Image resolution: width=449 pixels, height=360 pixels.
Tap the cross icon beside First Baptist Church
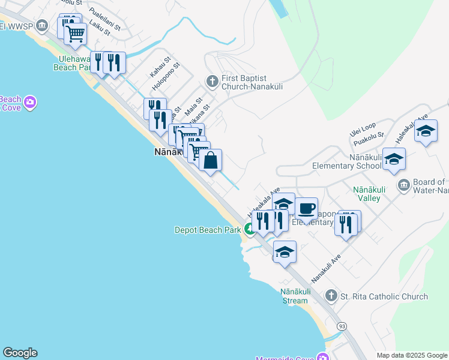[x=212, y=80]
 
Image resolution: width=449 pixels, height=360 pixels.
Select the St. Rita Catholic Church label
[x=384, y=296]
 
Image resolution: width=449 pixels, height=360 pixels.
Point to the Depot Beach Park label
[x=207, y=229]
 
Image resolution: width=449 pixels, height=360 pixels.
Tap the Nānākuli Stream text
[x=294, y=296]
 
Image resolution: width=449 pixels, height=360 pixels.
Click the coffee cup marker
[x=306, y=209]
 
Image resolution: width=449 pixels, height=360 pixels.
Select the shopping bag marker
[x=210, y=161]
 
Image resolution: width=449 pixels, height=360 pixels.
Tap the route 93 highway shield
[x=342, y=326]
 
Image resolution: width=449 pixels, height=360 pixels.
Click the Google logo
[x=20, y=353]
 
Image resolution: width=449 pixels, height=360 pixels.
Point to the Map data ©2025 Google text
[x=412, y=355]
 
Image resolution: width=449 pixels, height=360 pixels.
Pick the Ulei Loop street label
[x=363, y=126]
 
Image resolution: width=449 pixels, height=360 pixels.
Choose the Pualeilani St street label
[x=105, y=19]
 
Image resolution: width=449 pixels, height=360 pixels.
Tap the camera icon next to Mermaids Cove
[x=324, y=358]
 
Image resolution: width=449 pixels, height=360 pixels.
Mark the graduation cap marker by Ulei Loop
[x=426, y=131]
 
